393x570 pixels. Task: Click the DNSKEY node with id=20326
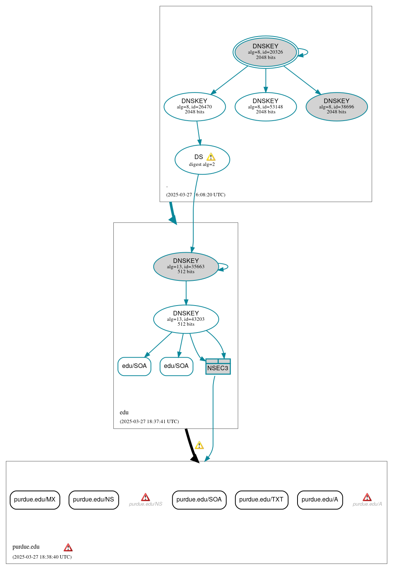pyautogui.click(x=266, y=52)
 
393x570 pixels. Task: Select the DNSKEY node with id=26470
pyautogui.click(x=194, y=107)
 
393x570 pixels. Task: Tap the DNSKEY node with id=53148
pyautogui.click(x=266, y=107)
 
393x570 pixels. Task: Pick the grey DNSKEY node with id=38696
pyautogui.click(x=336, y=107)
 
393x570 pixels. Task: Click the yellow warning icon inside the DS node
pyautogui.click(x=211, y=157)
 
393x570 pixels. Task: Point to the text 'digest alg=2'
pyautogui.click(x=202, y=164)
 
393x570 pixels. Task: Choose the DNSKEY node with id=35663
pyautogui.click(x=186, y=266)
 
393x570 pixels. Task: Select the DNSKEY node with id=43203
pyautogui.click(x=186, y=319)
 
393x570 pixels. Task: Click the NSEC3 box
pyautogui.click(x=218, y=367)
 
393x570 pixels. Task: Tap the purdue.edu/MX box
pyautogui.click(x=35, y=500)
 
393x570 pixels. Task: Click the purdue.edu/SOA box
pyautogui.click(x=199, y=500)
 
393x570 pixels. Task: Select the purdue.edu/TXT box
pyautogui.click(x=261, y=500)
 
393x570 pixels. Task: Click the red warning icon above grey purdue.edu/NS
pyautogui.click(x=145, y=497)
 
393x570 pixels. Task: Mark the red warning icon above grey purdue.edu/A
pyautogui.click(x=367, y=497)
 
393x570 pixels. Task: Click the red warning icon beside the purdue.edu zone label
pyautogui.click(x=68, y=548)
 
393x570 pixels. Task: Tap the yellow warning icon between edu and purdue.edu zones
pyautogui.click(x=199, y=445)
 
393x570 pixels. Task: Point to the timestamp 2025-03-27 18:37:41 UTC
pyautogui.click(x=149, y=421)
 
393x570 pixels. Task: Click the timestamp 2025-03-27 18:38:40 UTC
pyautogui.click(x=42, y=557)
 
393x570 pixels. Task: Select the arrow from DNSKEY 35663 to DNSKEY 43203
pyautogui.click(x=186, y=293)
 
